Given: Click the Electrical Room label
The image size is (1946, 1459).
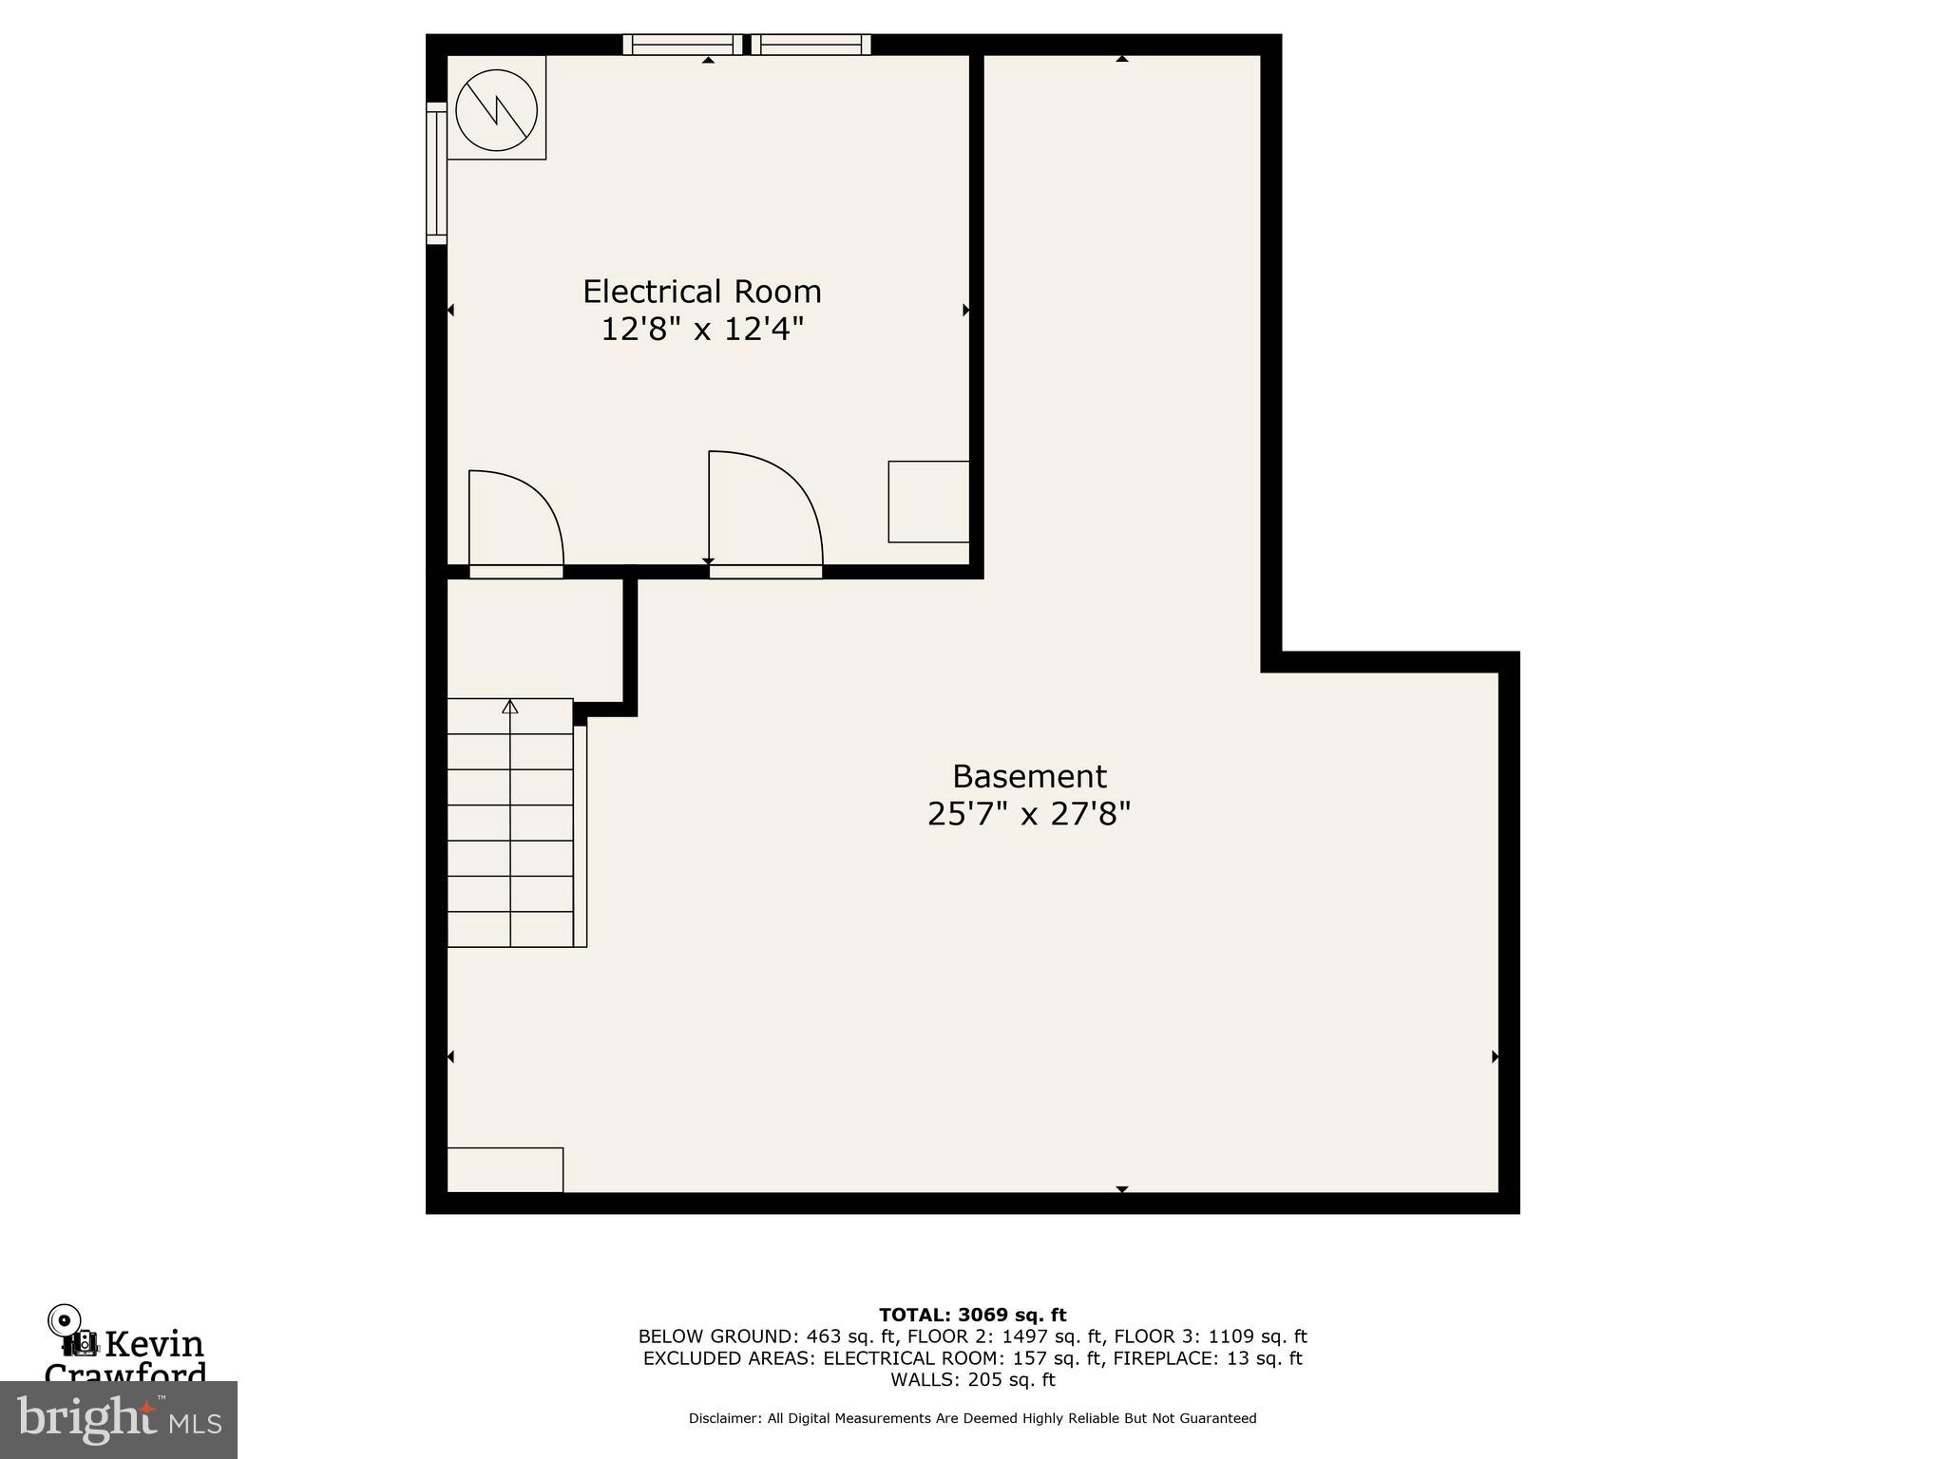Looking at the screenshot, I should (x=701, y=291).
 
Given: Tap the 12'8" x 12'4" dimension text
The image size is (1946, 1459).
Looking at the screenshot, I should (x=701, y=330).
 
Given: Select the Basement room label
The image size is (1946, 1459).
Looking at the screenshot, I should (x=1029, y=776).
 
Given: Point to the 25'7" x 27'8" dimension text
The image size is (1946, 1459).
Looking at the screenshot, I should (x=1029, y=814).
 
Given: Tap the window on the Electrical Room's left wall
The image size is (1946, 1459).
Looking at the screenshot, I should (x=436, y=173).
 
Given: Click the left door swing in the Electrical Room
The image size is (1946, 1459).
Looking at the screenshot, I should (x=514, y=520).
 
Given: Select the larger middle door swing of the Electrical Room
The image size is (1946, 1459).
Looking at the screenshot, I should (x=764, y=510).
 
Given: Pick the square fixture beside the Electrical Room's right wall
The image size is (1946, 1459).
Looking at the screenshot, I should (x=928, y=502).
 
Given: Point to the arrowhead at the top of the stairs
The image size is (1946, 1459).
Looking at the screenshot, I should (x=510, y=706).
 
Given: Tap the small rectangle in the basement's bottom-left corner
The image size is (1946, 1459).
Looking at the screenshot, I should (x=505, y=1169).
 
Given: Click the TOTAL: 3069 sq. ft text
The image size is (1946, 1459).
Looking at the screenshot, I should (x=972, y=1315).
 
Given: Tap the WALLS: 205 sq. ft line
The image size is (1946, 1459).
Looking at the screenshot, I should (x=972, y=1379).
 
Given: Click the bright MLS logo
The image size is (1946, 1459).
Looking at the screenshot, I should (x=119, y=1419).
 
